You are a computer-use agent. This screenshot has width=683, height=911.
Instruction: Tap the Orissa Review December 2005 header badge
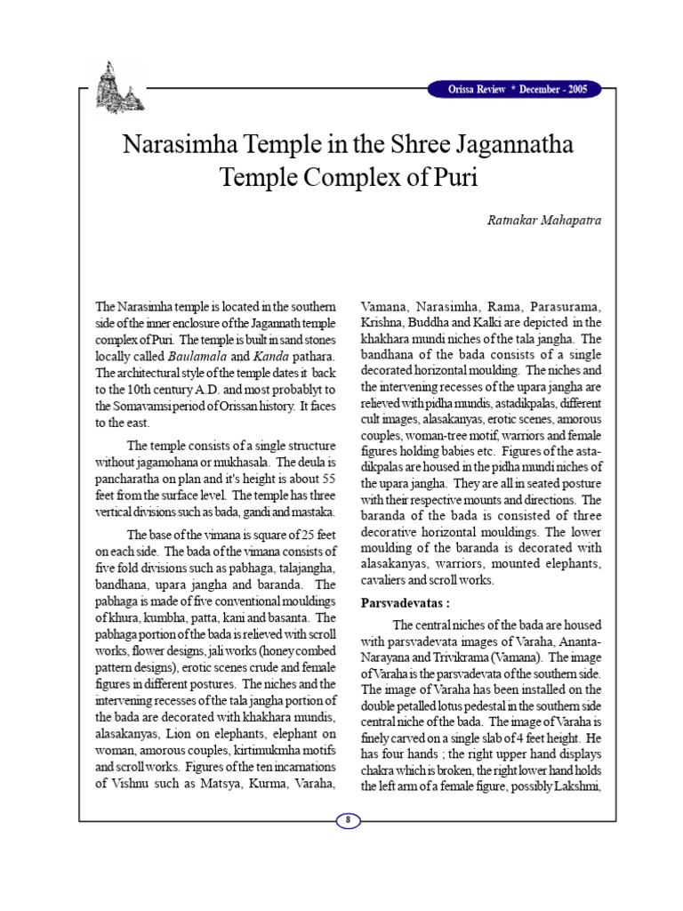513,90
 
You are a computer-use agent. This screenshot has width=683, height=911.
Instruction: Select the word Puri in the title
452,175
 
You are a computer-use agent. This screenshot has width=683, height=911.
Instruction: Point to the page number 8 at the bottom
348,819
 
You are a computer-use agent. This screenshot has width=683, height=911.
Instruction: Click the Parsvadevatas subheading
399,602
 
